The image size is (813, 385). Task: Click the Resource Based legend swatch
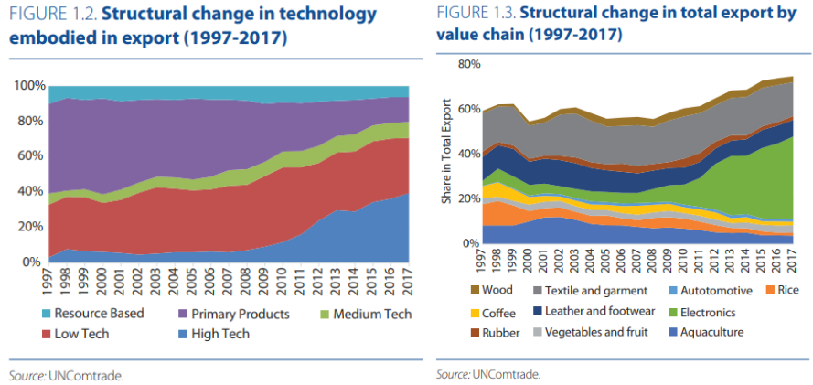click(x=44, y=314)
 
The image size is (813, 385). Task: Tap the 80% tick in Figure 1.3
click(x=469, y=65)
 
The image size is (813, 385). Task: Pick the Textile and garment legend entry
click(x=596, y=291)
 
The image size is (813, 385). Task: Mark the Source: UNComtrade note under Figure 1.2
click(x=65, y=374)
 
